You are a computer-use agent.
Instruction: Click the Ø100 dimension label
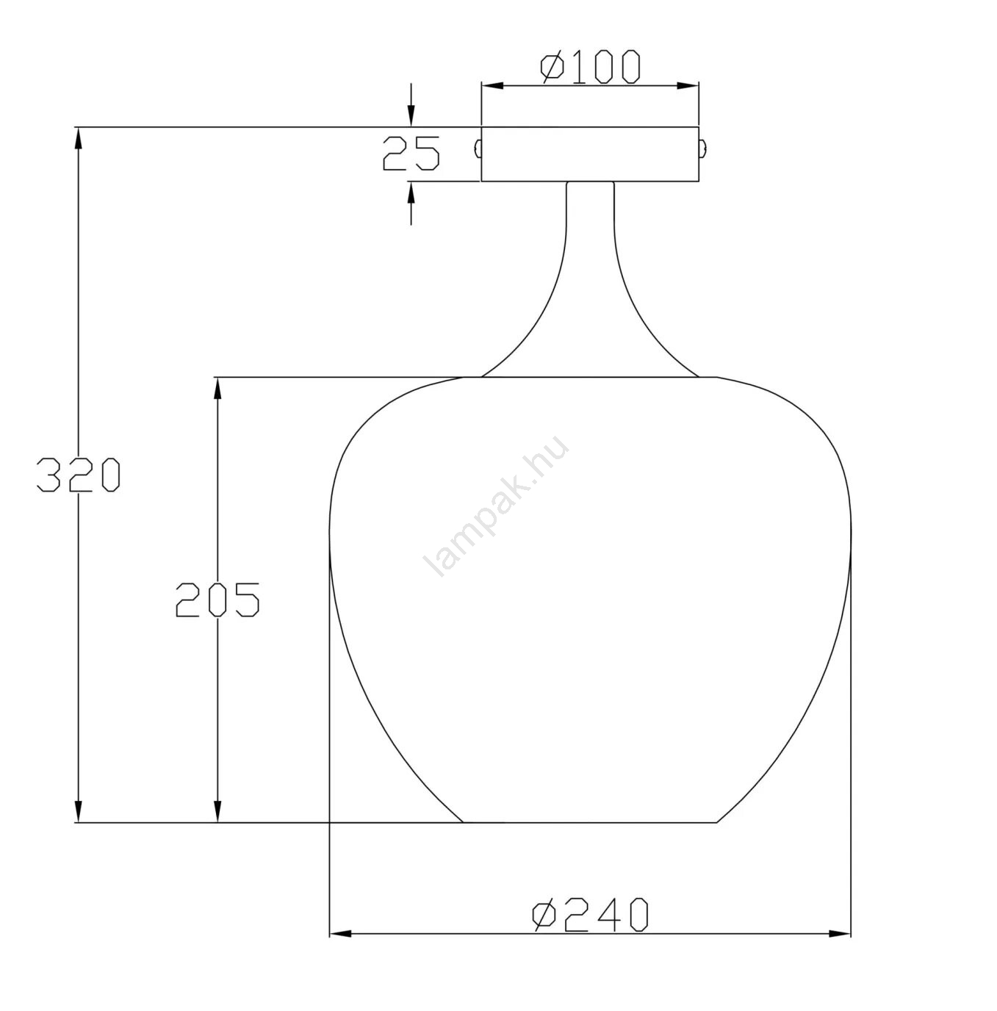[x=590, y=67]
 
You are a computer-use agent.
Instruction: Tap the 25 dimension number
[x=411, y=154]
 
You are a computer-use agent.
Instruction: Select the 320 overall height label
[x=79, y=475]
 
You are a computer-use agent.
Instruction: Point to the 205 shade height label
[x=217, y=599]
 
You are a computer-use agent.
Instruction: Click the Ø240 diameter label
[x=590, y=915]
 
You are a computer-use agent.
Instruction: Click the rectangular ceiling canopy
[x=590, y=154]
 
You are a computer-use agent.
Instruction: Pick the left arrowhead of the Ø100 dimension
[x=493, y=86]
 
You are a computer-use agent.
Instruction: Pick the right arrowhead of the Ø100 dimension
[x=688, y=86]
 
